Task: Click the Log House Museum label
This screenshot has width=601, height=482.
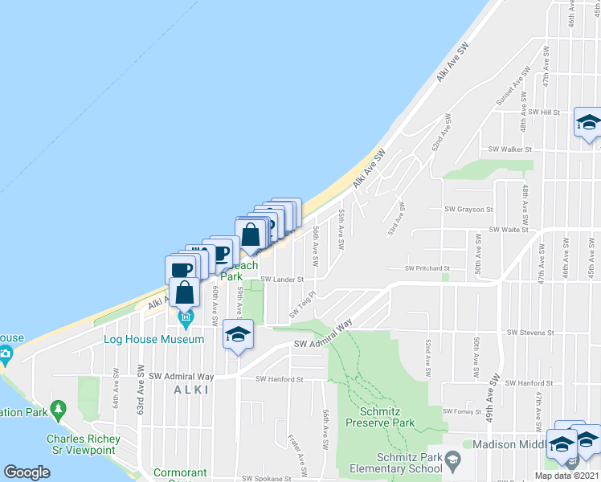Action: pos(154,339)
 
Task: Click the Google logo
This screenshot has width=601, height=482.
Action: pos(27,472)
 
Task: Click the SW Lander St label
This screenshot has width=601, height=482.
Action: pos(282,280)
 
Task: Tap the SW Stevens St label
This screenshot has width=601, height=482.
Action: pos(530,332)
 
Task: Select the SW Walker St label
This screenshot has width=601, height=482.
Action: pos(510,149)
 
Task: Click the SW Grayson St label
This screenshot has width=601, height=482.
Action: pos(468,209)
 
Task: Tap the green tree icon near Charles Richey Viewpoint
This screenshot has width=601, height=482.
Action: pos(58,411)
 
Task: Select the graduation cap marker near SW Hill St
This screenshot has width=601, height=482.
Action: pos(587,124)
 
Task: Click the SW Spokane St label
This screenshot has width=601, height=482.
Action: pos(269,478)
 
